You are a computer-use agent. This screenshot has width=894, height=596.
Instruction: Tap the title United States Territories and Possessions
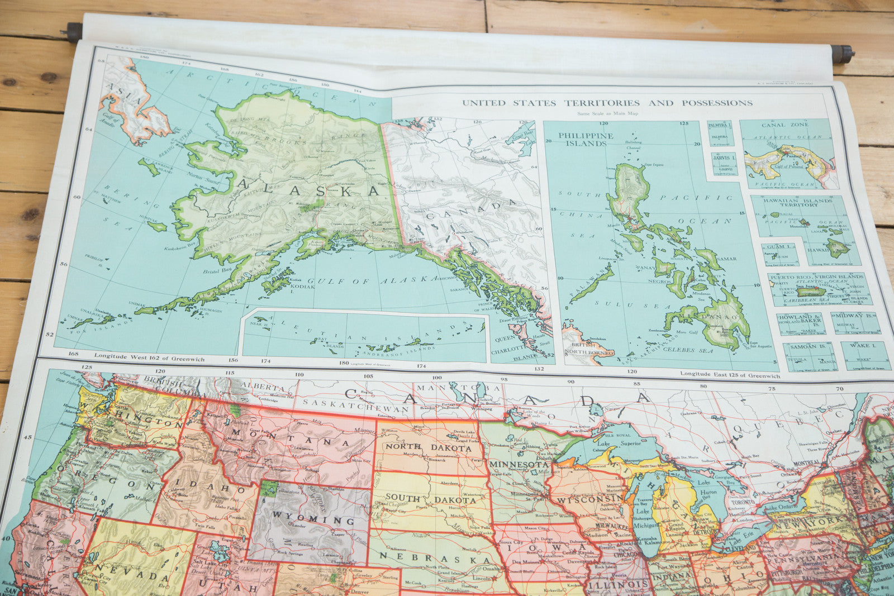coord(607,103)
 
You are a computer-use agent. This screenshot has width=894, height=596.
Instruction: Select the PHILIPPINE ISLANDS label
coord(586,139)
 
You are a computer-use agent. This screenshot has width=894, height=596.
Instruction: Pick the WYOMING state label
coord(313,520)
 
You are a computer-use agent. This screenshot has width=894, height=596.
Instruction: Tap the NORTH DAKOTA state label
coord(428,447)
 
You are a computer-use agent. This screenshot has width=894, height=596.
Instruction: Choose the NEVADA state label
coord(132,576)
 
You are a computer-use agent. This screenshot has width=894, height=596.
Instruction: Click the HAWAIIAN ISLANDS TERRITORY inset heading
coord(806,202)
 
